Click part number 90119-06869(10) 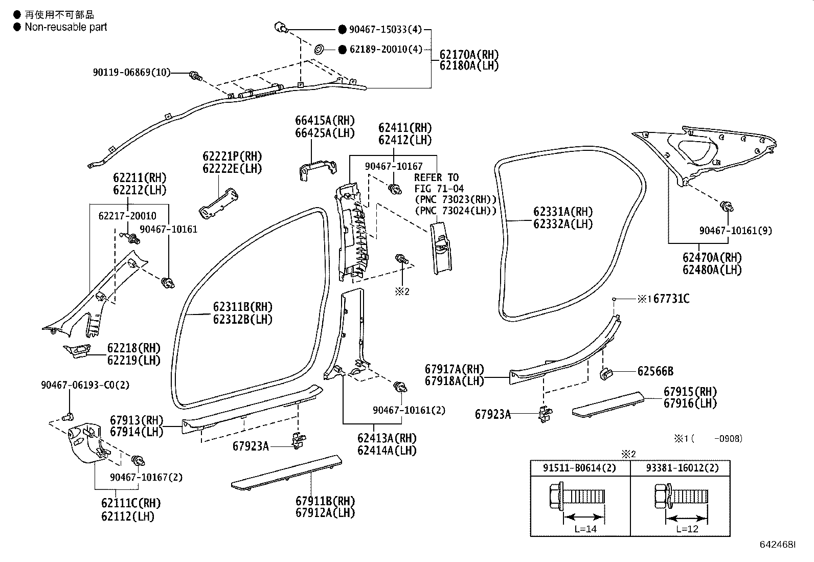click(131, 73)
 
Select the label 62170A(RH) click(469, 54)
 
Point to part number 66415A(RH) click(325, 121)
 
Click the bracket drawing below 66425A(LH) click(317, 170)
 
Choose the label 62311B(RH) click(242, 307)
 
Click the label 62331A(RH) click(563, 212)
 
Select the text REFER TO click(436, 177)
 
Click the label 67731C click(671, 299)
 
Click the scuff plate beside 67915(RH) click(608, 403)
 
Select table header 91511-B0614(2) click(580, 467)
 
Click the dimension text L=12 click(687, 529)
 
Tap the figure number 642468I click(777, 546)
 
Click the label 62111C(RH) click(131, 503)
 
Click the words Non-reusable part click(66, 27)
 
